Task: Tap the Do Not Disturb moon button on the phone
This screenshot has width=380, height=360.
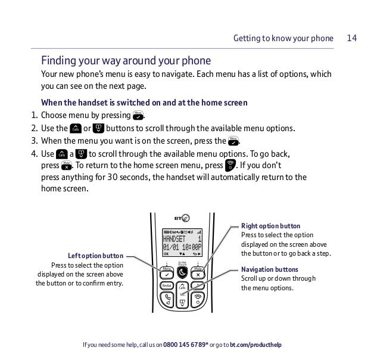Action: click(x=182, y=272)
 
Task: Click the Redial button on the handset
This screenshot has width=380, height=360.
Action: click(x=167, y=287)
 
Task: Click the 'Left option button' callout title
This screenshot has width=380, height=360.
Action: click(x=95, y=257)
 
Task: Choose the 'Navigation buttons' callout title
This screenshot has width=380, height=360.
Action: click(x=270, y=269)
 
